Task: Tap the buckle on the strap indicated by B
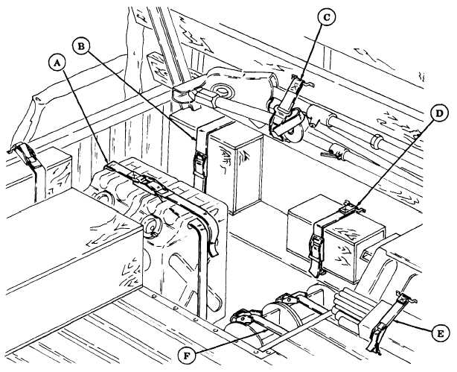pyautogui.click(x=199, y=162)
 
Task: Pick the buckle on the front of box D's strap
pyautogui.click(x=316, y=247)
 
